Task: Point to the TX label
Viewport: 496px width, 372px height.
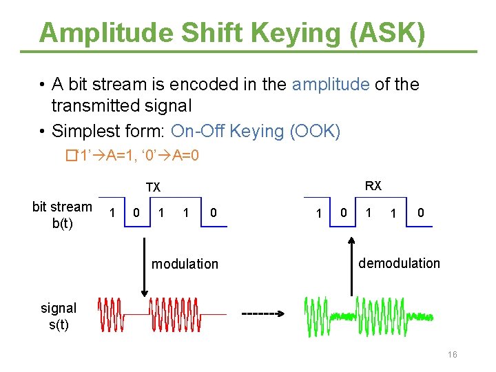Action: pos(153,187)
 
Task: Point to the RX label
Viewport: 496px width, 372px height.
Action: pos(373,186)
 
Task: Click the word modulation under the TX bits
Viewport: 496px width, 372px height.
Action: pos(185,264)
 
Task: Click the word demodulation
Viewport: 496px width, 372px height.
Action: pos(399,263)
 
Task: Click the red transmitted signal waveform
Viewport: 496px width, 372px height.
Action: pos(161,314)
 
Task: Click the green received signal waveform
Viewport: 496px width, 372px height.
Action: pos(369,315)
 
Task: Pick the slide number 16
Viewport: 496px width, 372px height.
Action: pos(453,355)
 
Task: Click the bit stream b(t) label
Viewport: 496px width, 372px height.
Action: pos(62,215)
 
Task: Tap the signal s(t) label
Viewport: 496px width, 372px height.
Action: pos(59,316)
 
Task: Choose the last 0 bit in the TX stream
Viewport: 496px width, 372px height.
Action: pos(214,213)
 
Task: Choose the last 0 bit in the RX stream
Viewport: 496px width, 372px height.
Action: pos(420,213)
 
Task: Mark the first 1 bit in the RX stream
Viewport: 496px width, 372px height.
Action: pos(318,214)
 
